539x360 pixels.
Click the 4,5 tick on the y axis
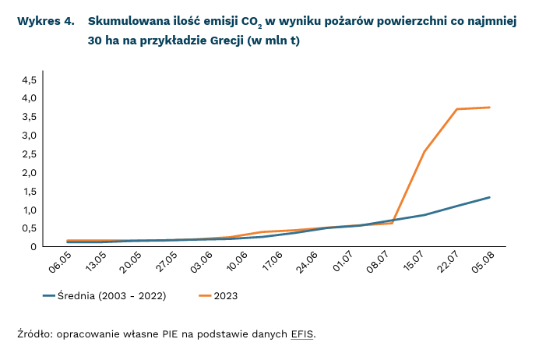pos(28,79)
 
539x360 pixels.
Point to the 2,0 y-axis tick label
pos(28,172)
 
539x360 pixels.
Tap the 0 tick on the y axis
pos(33,247)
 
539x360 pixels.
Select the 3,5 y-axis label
pos(28,117)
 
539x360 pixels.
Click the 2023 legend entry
pos(225,296)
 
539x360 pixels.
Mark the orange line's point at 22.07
pos(457,109)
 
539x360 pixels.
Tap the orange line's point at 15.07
pos(425,151)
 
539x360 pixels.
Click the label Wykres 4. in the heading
pos(46,21)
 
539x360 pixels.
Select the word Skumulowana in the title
pos(127,21)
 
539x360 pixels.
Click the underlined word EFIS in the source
pos(302,334)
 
